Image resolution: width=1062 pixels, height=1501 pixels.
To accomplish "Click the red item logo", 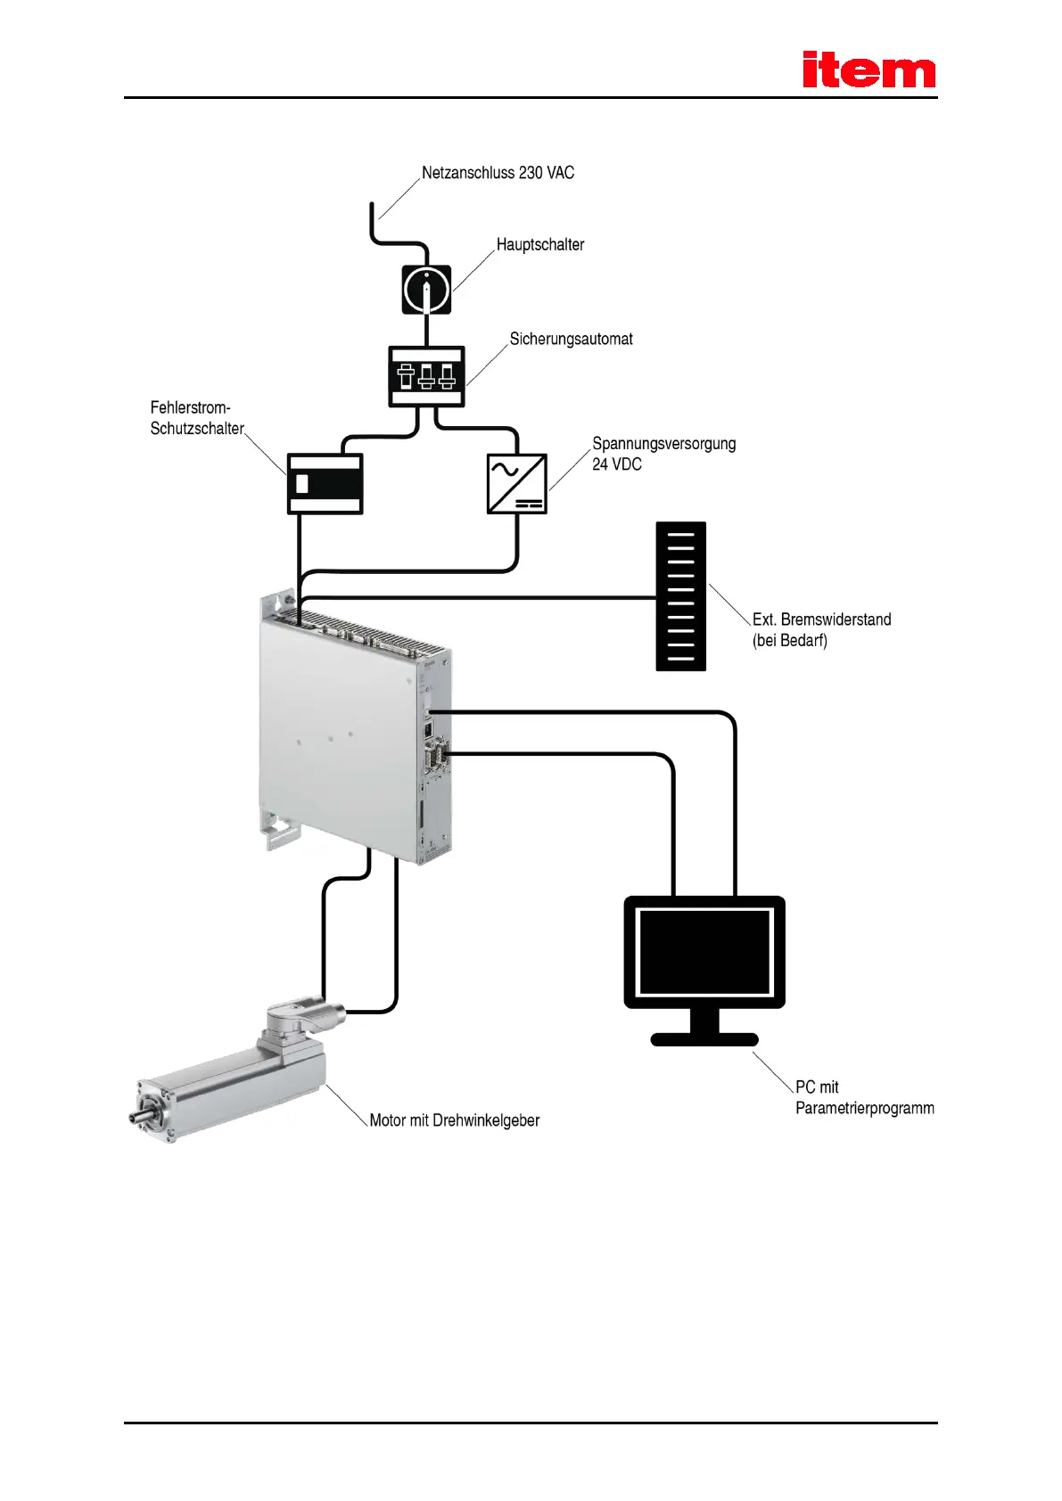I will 868,70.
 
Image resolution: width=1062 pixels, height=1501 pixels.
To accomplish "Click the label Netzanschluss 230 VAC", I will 498,173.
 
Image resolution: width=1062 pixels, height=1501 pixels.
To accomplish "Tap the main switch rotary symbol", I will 426,289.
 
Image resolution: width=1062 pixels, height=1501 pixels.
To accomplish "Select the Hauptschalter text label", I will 539,244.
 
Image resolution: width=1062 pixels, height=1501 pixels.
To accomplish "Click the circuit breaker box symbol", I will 426,376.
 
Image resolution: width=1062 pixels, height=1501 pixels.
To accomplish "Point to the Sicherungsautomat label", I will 571,339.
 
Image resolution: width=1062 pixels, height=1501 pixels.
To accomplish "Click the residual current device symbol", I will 325,483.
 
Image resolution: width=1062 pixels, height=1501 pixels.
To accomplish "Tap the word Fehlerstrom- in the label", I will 190,407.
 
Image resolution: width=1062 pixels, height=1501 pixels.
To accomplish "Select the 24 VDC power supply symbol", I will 516,483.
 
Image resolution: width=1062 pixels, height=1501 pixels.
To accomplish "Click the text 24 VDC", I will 616,464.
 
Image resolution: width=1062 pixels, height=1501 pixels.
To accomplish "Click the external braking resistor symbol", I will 680,595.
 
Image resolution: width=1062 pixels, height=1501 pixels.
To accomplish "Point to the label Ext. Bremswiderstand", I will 821,619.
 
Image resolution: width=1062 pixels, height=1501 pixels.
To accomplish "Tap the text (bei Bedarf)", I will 789,641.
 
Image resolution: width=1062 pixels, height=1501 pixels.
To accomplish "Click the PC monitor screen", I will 704,951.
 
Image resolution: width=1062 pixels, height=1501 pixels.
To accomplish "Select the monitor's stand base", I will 704,1038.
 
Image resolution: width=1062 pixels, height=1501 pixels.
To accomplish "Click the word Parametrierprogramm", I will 864,1108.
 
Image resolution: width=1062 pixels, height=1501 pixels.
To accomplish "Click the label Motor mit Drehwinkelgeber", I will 454,1120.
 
